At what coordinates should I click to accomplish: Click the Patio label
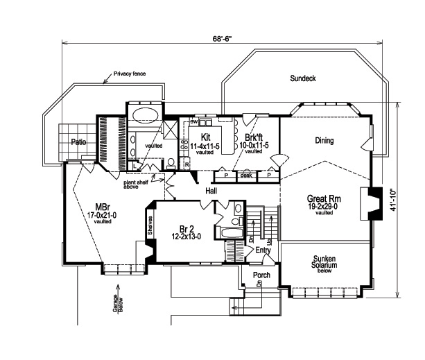pos(78,142)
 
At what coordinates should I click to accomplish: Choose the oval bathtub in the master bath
pos(144,115)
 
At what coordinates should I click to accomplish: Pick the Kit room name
pos(205,137)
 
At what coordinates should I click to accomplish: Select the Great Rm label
pos(323,198)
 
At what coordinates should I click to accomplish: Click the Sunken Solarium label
pos(324,262)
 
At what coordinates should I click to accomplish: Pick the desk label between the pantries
pos(245,175)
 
